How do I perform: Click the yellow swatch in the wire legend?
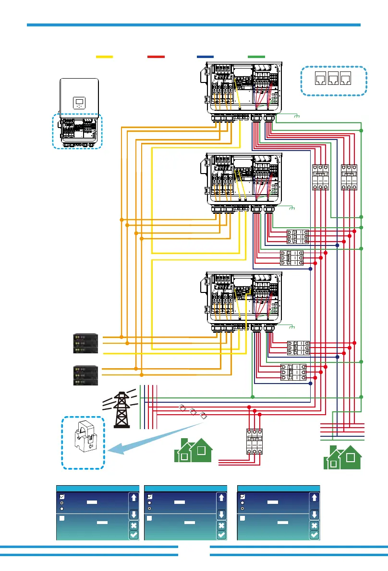[x=104, y=57]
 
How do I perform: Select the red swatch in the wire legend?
[x=156, y=57]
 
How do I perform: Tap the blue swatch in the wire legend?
[x=205, y=57]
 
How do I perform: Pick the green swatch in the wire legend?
[x=256, y=57]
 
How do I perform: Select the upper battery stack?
[x=86, y=343]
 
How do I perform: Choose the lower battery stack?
[x=86, y=375]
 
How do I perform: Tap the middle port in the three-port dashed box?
[x=333, y=80]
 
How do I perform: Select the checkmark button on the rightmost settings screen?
[x=314, y=535]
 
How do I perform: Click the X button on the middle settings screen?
[x=221, y=525]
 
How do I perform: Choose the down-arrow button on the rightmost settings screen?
[x=314, y=514]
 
